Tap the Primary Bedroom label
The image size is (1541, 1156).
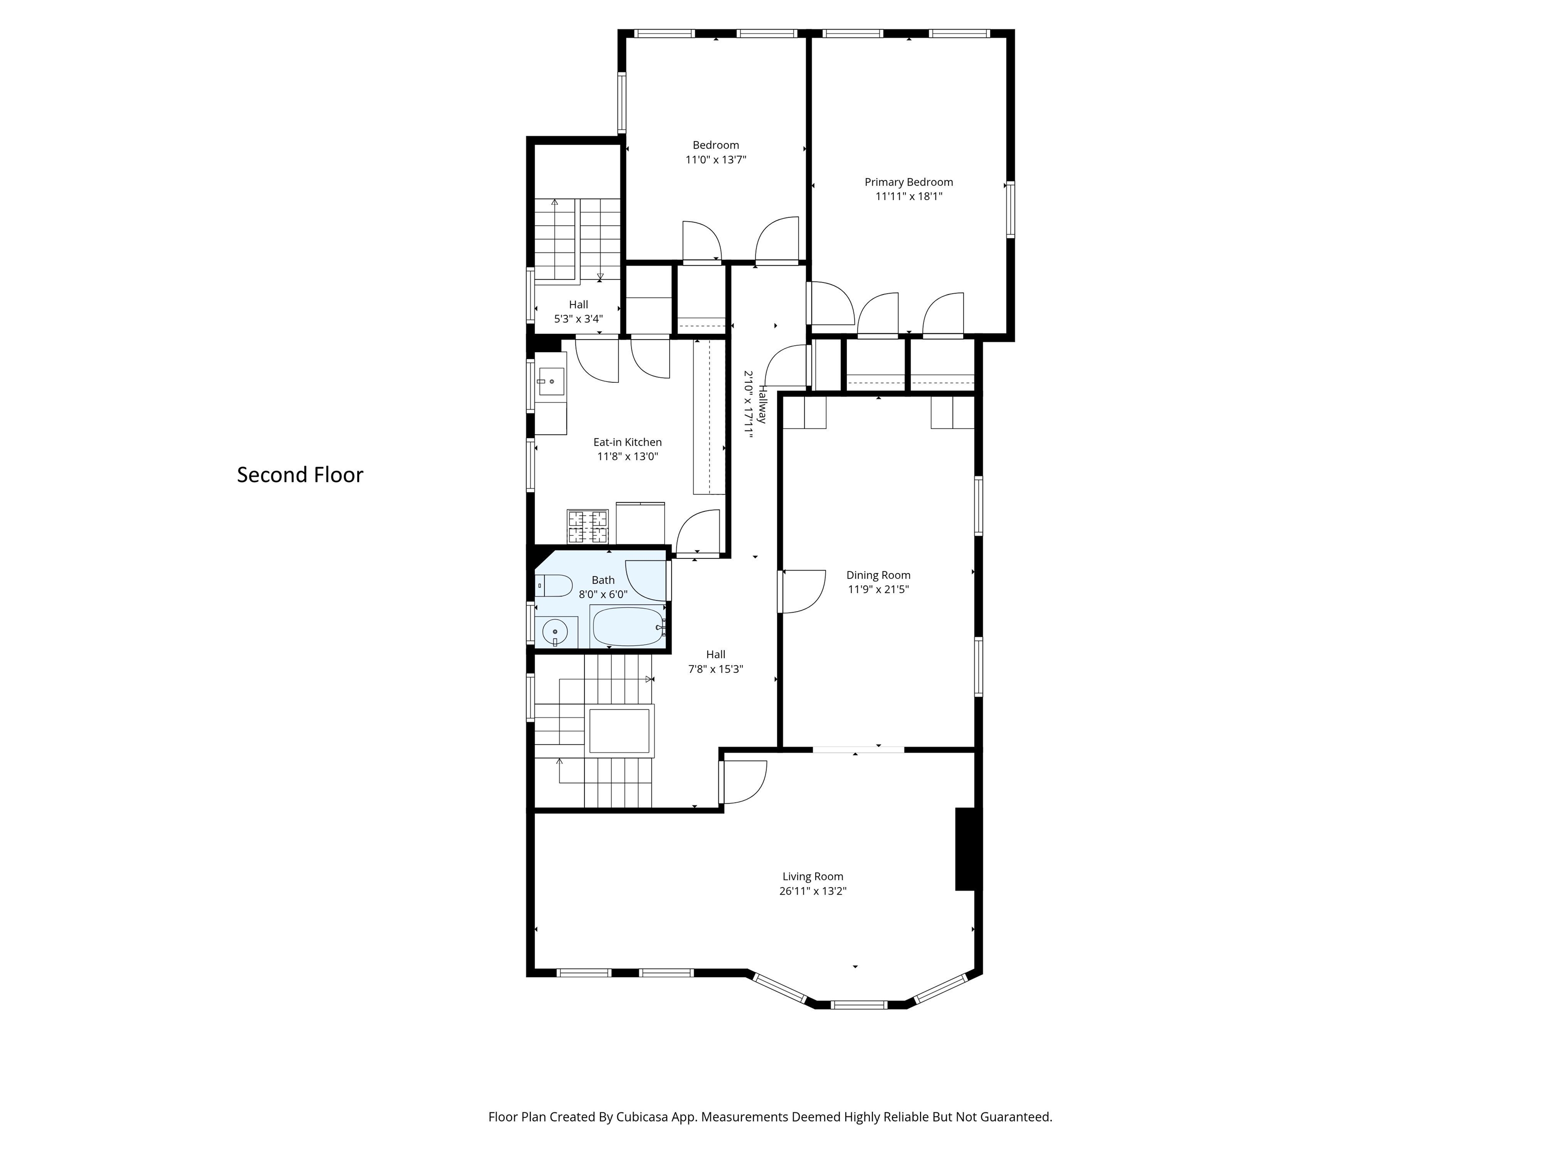click(908, 182)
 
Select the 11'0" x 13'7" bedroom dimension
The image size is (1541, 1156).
click(715, 160)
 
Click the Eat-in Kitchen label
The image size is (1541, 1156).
click(627, 442)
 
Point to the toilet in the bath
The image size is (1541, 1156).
click(553, 586)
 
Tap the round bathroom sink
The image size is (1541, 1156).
click(555, 633)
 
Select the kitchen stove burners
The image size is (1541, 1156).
click(587, 527)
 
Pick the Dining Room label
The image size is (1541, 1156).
click(878, 575)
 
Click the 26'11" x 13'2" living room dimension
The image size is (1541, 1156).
click(812, 891)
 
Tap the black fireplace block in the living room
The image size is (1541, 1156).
click(965, 849)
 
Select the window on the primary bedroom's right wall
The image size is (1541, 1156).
click(1010, 209)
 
